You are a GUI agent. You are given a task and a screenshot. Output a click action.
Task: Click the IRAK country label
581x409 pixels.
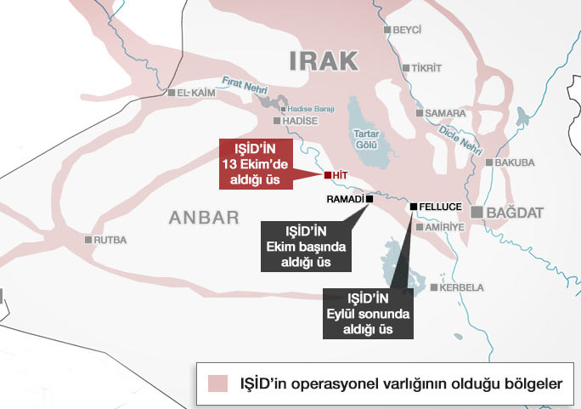324,60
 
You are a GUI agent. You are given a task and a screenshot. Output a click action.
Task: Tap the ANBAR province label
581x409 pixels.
204,218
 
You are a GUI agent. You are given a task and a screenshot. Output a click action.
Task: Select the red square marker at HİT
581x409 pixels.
328,175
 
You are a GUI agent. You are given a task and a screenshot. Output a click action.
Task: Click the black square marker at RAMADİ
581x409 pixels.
369,199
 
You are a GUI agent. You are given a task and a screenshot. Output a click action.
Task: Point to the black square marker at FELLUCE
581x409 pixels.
414,207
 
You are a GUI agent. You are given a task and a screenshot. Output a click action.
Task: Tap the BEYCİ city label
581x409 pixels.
408,30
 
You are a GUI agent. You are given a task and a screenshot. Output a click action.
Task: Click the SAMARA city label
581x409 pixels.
445,113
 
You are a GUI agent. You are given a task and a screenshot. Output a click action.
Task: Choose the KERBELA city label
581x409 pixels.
462,287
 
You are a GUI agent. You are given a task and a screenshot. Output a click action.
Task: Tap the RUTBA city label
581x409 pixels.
110,240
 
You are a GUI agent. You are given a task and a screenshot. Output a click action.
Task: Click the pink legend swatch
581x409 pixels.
218,383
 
